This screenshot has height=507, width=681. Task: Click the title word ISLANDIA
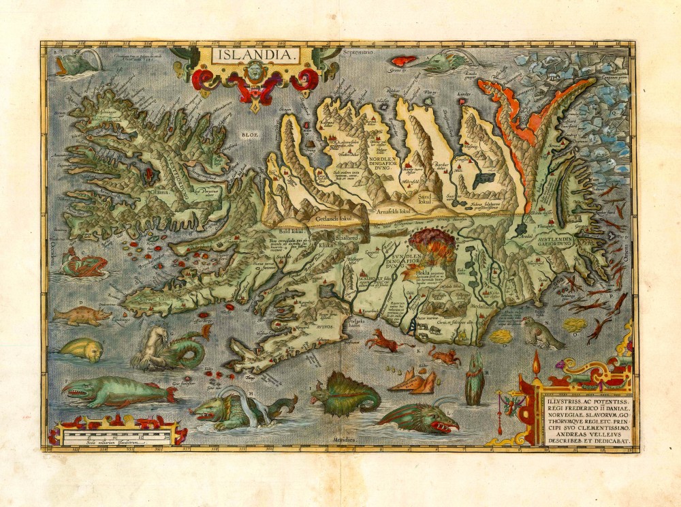tap(254, 55)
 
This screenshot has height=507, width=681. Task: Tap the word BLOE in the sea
tap(247, 135)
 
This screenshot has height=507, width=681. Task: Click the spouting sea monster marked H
tap(225, 409)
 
